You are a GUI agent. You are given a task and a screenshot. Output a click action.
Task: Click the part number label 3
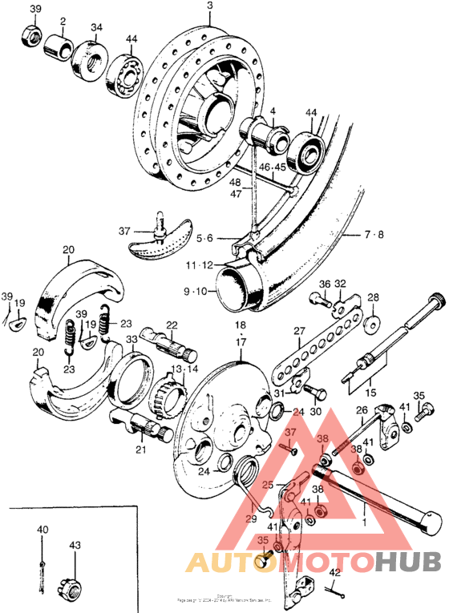[x=209, y=6]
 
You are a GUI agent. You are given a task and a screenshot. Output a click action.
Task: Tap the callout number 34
[x=96, y=27]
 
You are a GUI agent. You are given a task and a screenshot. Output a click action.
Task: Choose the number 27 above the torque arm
[x=299, y=330]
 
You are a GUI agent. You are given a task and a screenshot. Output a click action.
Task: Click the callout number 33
[x=131, y=341]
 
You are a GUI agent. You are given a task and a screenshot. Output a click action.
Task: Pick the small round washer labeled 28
[x=374, y=325]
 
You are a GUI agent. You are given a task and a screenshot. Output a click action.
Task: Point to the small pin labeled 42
[x=340, y=594]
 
